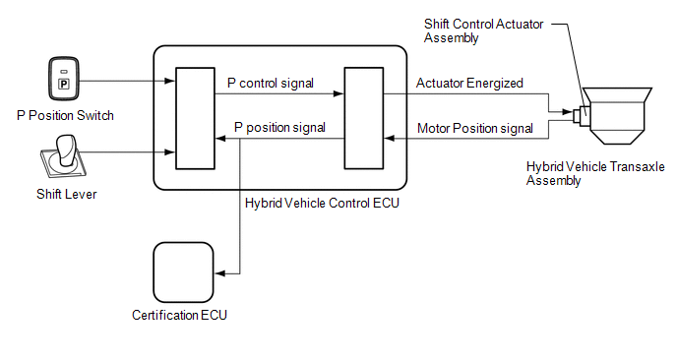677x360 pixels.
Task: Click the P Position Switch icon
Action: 64,79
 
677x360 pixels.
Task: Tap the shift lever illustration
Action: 64,156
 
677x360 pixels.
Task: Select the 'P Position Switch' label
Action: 65,116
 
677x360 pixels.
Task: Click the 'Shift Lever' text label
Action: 67,194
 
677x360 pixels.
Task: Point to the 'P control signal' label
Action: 271,83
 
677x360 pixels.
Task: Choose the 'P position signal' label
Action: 279,127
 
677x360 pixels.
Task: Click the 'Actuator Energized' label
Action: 469,83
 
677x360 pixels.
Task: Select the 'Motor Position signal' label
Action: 475,128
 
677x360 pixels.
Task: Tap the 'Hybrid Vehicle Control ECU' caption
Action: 322,203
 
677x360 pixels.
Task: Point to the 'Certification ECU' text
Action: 180,315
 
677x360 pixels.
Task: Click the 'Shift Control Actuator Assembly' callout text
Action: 483,30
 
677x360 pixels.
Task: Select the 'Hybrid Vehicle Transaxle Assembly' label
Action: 595,173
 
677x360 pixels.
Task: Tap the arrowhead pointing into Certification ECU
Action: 220,273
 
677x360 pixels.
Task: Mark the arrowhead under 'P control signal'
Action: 338,93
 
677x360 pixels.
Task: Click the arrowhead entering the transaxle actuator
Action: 568,112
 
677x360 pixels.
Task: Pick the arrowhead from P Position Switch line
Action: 169,81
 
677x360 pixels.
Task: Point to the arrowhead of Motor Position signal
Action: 390,139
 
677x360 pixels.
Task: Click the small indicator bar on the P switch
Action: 64,72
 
